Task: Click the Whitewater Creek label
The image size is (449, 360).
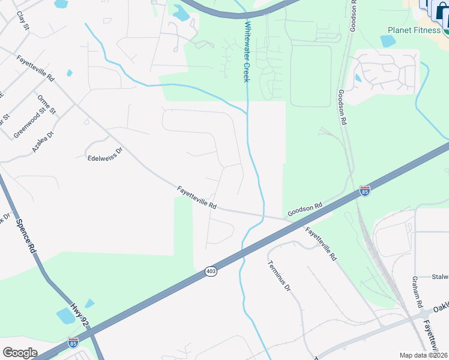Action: [247, 53]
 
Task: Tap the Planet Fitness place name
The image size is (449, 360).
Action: [414, 30]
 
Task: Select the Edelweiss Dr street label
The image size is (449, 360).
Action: [104, 154]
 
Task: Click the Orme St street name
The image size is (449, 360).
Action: [46, 104]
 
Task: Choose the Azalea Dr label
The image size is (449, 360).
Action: [43, 140]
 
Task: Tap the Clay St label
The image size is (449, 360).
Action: [23, 22]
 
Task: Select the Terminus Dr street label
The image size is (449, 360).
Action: [279, 278]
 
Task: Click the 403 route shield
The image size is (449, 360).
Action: [211, 272]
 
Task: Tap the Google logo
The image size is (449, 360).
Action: [20, 353]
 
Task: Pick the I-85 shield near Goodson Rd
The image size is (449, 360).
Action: [364, 191]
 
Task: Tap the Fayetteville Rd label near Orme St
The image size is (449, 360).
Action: [35, 70]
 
